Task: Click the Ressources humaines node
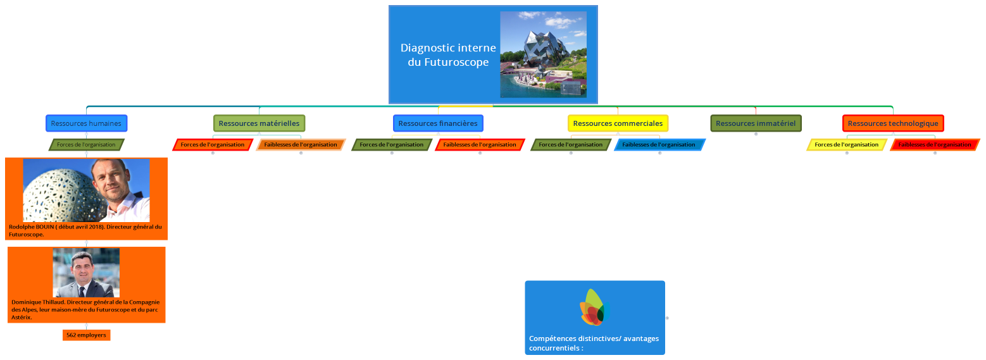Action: pos(86,123)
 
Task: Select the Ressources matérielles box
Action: pos(259,123)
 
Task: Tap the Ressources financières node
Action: pos(438,123)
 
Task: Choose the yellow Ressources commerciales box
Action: pos(618,123)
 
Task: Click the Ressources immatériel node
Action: pos(756,123)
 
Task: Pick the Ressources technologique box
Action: pos(893,123)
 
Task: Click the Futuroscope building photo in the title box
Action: pos(543,54)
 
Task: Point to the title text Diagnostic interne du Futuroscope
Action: pos(448,55)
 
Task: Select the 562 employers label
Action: pos(86,335)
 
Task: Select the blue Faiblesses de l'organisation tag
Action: pos(659,145)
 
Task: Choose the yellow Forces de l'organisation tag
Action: pos(846,145)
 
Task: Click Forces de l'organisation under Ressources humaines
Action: pos(86,145)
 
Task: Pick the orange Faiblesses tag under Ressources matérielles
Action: pos(301,145)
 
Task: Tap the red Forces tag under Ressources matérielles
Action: pos(212,145)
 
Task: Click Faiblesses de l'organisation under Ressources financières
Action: pos(480,145)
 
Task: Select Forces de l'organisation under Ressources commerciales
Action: pos(570,145)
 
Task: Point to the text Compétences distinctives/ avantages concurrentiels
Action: pos(593,343)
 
